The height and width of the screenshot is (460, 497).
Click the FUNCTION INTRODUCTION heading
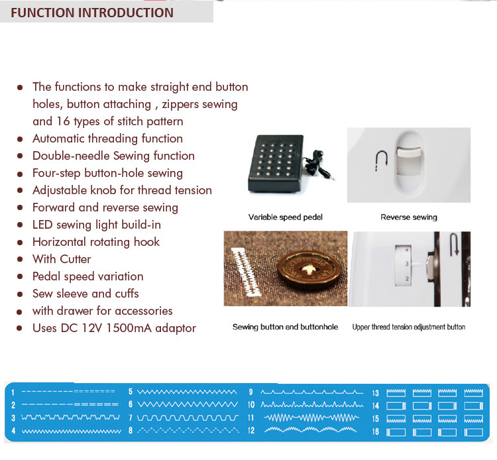click(x=92, y=13)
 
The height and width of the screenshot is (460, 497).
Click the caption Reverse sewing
click(x=409, y=217)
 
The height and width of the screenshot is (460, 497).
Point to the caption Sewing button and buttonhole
click(x=285, y=327)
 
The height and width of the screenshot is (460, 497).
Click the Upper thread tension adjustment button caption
click(x=409, y=327)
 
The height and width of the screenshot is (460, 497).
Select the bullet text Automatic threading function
click(x=107, y=139)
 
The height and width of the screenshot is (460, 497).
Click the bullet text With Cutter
click(x=62, y=259)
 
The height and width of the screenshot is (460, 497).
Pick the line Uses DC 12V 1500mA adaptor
click(x=114, y=328)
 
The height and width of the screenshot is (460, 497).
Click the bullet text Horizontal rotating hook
click(x=96, y=242)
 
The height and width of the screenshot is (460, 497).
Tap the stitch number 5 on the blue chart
click(x=131, y=392)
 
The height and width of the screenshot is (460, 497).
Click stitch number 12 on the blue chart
click(x=251, y=431)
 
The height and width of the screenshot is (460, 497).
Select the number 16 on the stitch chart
click(x=375, y=431)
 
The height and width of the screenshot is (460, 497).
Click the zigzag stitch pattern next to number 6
click(x=188, y=404)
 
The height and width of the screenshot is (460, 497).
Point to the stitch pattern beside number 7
click(x=188, y=418)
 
